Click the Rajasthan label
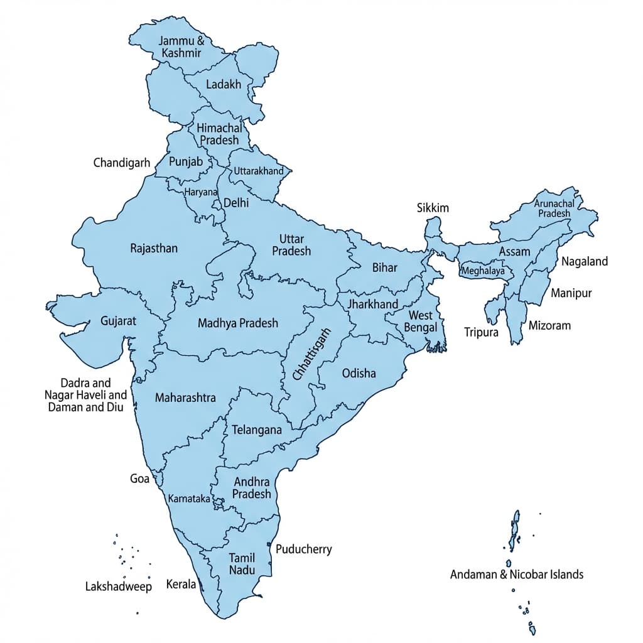click(154, 248)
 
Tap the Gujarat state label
click(118, 321)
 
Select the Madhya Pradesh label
click(237, 323)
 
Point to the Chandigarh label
click(122, 163)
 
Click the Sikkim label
click(433, 208)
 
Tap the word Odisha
click(359, 373)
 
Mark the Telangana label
click(257, 430)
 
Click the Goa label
click(139, 478)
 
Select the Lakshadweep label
click(118, 586)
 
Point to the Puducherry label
click(304, 549)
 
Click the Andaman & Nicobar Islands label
click(517, 574)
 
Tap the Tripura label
click(481, 332)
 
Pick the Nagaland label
click(585, 261)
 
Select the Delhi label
click(236, 203)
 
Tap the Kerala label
click(181, 584)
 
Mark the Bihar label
click(385, 267)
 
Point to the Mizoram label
click(549, 325)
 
